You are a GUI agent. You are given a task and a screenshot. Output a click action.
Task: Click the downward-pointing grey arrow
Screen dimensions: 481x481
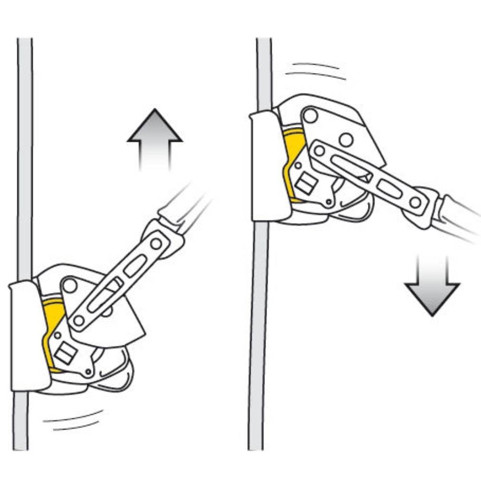point(432,289)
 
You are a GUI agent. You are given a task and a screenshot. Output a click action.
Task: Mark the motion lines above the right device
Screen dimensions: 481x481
point(315,70)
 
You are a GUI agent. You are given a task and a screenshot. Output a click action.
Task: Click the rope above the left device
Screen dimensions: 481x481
point(25,144)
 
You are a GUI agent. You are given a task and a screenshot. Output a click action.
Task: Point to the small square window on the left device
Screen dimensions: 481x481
point(65,355)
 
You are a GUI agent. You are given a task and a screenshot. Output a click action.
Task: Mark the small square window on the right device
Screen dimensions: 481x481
point(306,184)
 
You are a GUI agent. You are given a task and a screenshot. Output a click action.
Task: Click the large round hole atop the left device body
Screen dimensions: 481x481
point(70,286)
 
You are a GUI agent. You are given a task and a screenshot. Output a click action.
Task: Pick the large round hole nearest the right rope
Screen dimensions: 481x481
point(310,115)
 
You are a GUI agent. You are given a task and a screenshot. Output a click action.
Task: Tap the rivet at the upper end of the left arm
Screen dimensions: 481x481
point(156,244)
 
